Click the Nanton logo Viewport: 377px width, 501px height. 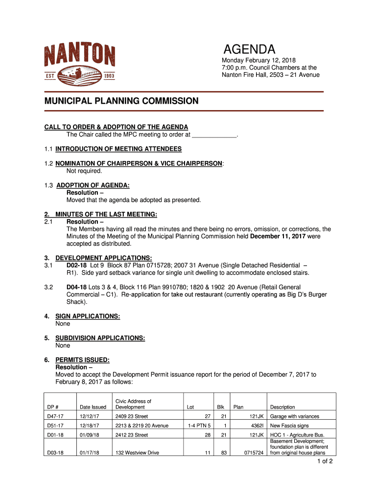tap(80, 63)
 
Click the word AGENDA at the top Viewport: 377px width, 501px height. tap(250, 49)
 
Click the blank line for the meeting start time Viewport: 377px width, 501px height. tap(214, 135)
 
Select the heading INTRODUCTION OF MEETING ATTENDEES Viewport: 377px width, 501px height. tap(118, 149)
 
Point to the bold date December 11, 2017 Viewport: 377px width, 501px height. tap(278, 236)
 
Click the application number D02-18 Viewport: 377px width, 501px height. tap(76, 265)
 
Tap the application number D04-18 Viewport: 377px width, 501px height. tap(76, 287)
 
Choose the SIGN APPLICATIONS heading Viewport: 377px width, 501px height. tap(88, 316)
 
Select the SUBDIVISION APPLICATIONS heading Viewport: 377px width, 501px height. tap(100, 338)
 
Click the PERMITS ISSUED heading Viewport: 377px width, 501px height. tap(82, 360)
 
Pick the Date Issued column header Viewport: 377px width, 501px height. tap(93, 407)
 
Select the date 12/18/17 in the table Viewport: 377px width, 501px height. tap(90, 426)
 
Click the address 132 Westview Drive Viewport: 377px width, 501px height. tap(137, 453)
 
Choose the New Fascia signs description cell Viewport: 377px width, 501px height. tap(289, 426)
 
